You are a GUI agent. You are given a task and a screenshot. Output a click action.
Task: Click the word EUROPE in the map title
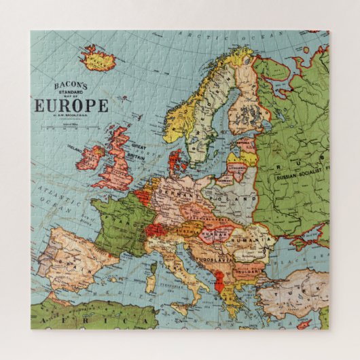tap(71, 105)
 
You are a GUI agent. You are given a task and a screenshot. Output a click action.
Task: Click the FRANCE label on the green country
tap(122, 221)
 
